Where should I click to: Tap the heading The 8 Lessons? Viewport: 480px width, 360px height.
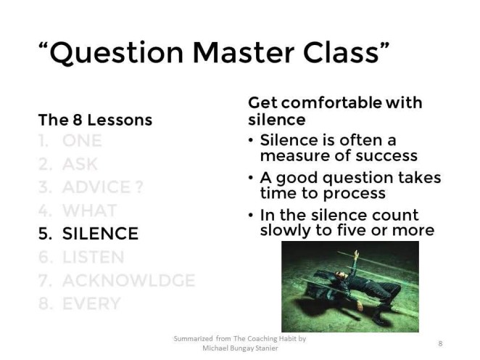click(x=95, y=120)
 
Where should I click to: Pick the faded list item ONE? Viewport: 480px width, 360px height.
click(x=82, y=141)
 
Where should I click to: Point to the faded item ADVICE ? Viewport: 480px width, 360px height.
click(x=102, y=187)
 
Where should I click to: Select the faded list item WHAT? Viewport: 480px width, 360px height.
click(x=89, y=210)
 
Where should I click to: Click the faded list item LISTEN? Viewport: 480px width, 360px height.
click(x=93, y=257)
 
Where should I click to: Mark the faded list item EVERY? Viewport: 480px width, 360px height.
click(x=90, y=303)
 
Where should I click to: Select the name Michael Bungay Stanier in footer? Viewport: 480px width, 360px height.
click(x=239, y=348)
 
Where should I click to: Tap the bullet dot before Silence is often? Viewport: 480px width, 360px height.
click(x=251, y=141)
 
